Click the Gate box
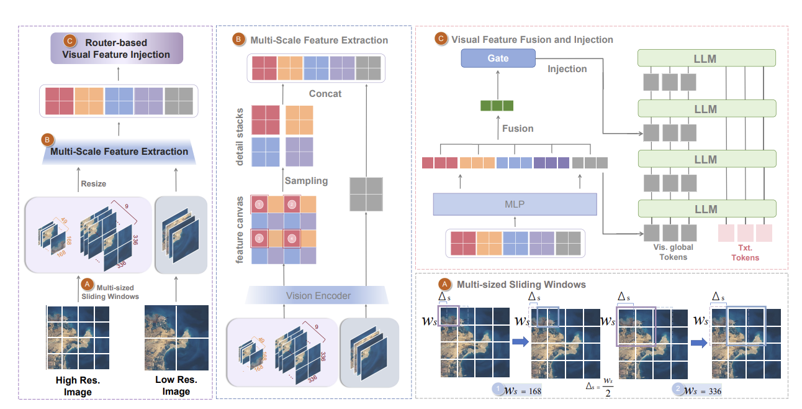click(498, 58)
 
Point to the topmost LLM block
click(707, 58)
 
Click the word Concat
click(325, 94)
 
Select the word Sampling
click(306, 181)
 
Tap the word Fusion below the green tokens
click(518, 129)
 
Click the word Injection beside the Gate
click(567, 68)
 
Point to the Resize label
click(93, 184)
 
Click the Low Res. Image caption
click(176, 385)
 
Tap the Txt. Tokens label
click(745, 253)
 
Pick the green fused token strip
click(497, 106)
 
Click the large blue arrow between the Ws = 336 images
click(700, 341)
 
